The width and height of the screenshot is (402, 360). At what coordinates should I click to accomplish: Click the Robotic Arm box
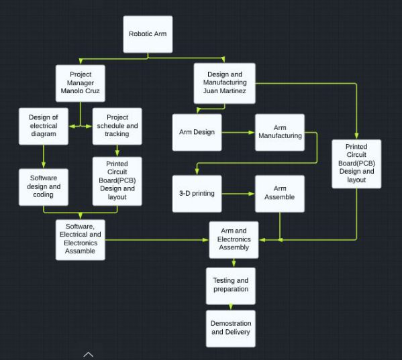(x=148, y=34)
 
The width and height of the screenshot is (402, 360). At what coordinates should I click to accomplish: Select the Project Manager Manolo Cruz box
(x=81, y=83)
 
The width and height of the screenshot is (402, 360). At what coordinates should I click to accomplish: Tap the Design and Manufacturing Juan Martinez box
(x=225, y=83)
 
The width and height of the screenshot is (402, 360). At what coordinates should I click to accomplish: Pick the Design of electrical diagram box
(x=44, y=126)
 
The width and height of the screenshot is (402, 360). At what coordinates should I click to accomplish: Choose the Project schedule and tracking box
(x=117, y=126)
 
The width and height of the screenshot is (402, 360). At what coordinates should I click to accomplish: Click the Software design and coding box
(x=44, y=187)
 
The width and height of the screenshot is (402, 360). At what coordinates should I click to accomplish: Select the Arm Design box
(x=197, y=132)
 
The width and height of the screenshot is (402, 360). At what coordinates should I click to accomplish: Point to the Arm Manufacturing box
(x=280, y=132)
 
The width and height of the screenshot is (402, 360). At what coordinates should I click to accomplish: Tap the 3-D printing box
(x=197, y=194)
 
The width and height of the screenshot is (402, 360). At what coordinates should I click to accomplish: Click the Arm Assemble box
(x=280, y=194)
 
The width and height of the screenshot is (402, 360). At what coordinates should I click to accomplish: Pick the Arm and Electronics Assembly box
(x=234, y=240)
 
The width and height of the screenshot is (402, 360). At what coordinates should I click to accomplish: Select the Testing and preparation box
(x=231, y=286)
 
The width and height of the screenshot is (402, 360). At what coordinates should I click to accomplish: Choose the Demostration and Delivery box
(x=231, y=328)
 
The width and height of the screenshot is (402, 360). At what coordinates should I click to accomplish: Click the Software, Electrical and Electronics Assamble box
(x=81, y=240)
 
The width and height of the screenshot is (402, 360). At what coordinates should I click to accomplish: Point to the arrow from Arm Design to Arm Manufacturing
(x=238, y=132)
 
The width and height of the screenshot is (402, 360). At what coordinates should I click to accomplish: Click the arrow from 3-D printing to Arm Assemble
(x=238, y=194)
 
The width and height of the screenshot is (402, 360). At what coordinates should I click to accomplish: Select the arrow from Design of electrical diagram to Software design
(x=44, y=157)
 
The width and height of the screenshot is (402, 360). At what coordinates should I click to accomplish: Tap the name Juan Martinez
(x=225, y=91)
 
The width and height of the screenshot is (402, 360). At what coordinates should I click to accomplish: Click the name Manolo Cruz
(x=81, y=91)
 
